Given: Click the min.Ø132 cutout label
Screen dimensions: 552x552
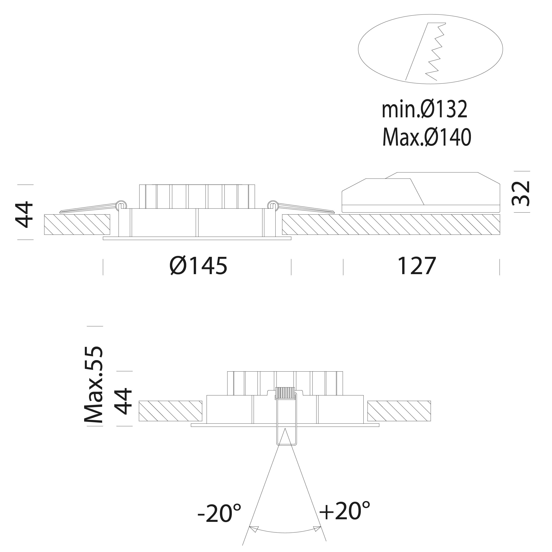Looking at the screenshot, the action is point(424,109).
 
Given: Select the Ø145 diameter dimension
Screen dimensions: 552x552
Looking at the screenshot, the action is point(198,266).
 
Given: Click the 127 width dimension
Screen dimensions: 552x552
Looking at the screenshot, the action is point(417,266).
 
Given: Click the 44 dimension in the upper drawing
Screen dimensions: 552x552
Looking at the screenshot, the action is point(24,214).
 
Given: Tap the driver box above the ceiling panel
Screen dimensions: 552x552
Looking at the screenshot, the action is point(421,193).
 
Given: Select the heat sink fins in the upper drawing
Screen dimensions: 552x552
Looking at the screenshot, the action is point(197,197).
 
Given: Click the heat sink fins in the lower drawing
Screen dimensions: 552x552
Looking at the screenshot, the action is point(285,383).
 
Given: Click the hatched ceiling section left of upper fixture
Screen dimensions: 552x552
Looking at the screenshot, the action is point(77,224).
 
